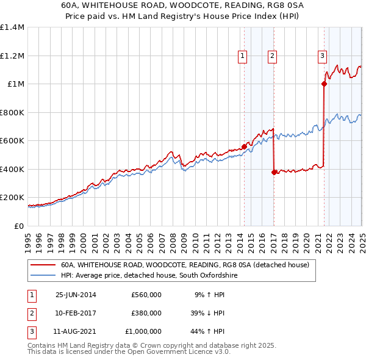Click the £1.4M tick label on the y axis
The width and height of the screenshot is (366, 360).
point(12,27)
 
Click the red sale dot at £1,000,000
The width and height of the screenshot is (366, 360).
point(324,84)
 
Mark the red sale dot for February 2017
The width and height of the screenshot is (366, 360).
point(274,172)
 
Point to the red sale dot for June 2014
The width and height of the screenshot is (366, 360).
point(244,146)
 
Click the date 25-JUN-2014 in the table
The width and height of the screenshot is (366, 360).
point(76,295)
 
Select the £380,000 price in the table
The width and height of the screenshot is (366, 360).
point(146,314)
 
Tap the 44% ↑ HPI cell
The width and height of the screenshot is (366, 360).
point(209,332)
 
